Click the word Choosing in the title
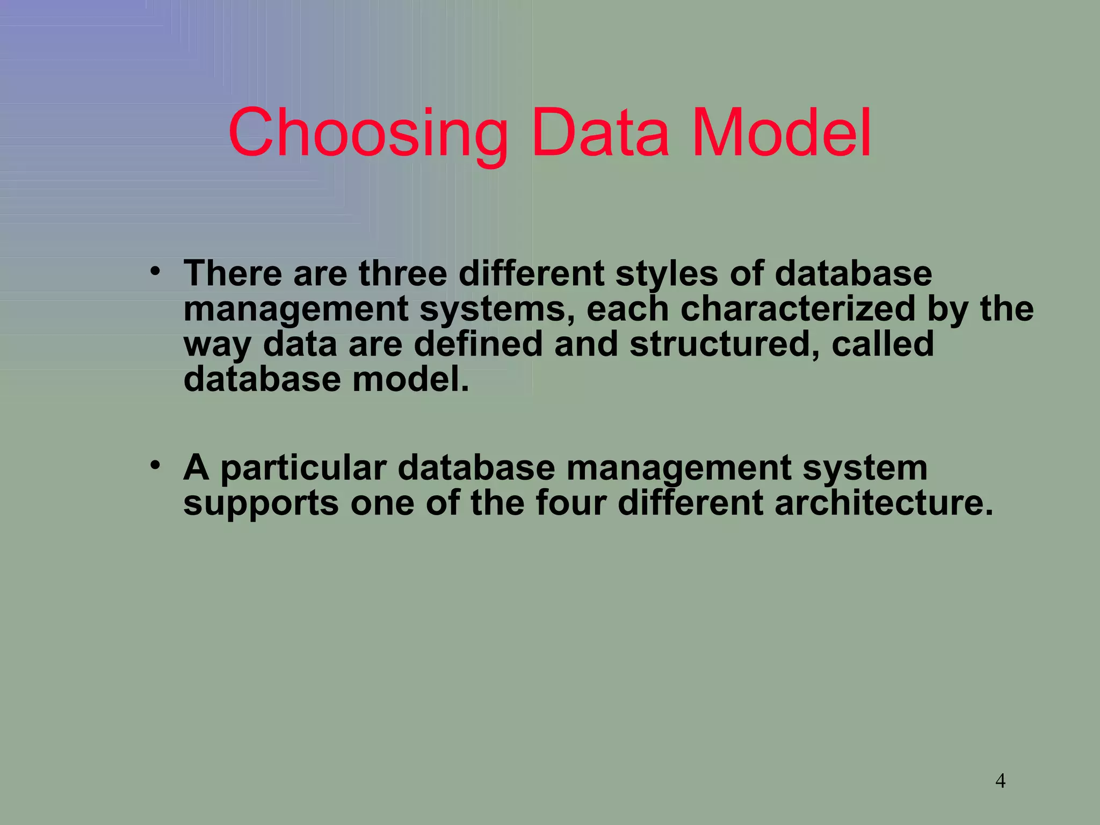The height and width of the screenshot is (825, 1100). tap(368, 133)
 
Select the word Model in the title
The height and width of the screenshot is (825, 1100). tap(781, 133)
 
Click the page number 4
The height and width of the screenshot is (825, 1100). tap(1000, 780)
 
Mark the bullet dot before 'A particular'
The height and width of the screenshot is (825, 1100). tap(155, 465)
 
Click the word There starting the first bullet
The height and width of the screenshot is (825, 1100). tap(233, 273)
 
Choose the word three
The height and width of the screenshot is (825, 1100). tap(403, 273)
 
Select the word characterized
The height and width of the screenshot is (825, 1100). tap(798, 309)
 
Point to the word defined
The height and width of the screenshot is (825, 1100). tap(478, 344)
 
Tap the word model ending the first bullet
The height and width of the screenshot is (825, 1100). tap(410, 379)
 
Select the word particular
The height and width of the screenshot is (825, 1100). tap(303, 468)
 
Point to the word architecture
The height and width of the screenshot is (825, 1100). tap(884, 503)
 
